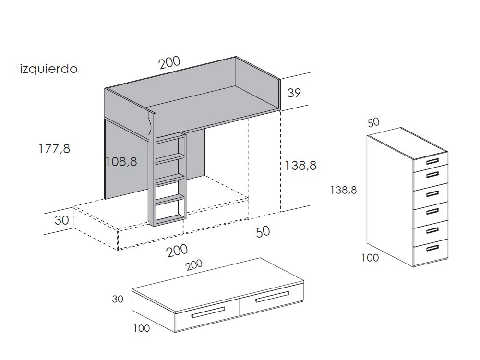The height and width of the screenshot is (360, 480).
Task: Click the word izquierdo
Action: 48,69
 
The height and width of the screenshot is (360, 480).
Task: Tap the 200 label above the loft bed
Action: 169,62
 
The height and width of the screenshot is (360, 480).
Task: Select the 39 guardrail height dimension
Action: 294,93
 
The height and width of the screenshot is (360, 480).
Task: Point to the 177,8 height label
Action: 54,149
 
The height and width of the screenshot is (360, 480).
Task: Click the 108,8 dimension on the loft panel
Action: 121,162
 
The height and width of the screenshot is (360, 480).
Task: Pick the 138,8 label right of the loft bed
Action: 300,166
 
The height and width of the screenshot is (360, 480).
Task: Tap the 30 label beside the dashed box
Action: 61,220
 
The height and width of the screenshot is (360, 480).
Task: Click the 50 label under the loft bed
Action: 263,232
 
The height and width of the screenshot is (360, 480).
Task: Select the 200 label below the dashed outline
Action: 177,251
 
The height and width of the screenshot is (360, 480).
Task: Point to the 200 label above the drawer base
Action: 194,265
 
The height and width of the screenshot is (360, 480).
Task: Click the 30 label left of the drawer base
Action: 118,299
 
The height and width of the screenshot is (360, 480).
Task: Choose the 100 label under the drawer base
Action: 142,328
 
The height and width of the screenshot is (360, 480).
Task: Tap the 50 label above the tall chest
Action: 373,122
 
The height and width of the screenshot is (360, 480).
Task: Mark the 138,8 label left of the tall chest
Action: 344,191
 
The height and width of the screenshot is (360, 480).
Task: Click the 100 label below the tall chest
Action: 370,258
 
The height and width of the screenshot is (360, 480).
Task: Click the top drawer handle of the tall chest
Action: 432,161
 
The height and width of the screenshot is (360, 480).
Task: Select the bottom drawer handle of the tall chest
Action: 432,248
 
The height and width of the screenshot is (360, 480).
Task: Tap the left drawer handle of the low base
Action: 208,312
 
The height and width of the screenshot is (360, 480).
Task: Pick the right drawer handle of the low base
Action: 272,297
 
